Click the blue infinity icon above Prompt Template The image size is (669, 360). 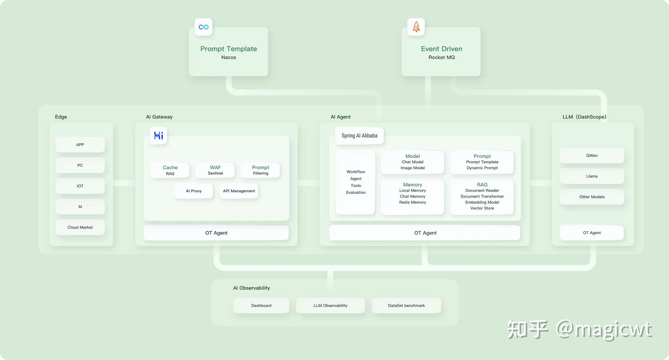tap(203, 27)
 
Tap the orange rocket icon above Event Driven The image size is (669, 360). tap(416, 27)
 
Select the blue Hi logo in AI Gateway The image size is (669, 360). tap(158, 136)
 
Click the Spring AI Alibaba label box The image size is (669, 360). tap(359, 136)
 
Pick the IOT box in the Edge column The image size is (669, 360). tap(80, 186)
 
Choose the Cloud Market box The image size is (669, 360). tap(80, 228)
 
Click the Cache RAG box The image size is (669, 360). tap(170, 170)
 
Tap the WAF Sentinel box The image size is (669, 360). tap(215, 170)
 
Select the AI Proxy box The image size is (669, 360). tap(194, 191)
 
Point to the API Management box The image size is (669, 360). tap(239, 191)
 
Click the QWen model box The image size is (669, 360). tap(592, 156)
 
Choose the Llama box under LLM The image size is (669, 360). tap(592, 176)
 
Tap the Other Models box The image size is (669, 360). tap(592, 197)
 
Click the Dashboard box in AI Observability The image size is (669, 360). tap(261, 306)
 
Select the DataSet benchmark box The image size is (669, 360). tap(407, 306)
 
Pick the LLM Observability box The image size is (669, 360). tap(330, 306)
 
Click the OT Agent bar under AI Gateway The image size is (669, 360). tap(216, 233)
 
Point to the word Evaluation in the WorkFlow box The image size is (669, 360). tap(356, 192)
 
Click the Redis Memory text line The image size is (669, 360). tap(413, 203)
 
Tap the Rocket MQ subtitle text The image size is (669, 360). tap(441, 57)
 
